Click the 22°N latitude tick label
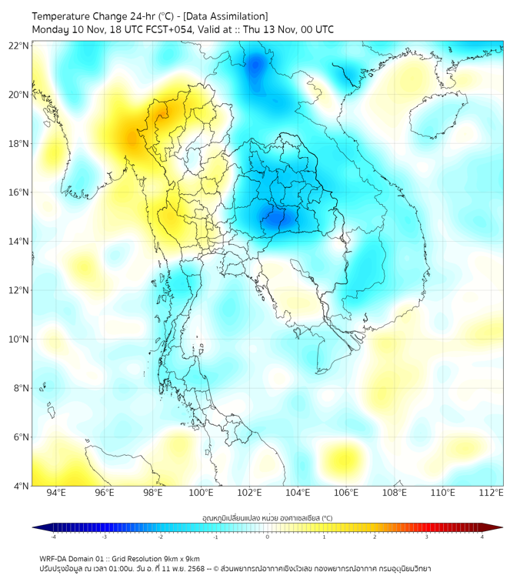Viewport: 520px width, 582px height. coord(19,46)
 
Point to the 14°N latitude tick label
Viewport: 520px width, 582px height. coord(19,242)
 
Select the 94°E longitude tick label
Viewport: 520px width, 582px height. coord(56,493)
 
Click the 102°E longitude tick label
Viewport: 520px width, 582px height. coord(249,493)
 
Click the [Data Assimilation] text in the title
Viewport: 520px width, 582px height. coord(223,16)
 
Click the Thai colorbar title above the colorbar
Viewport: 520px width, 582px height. coord(267,517)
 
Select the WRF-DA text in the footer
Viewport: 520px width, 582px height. coord(53,558)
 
